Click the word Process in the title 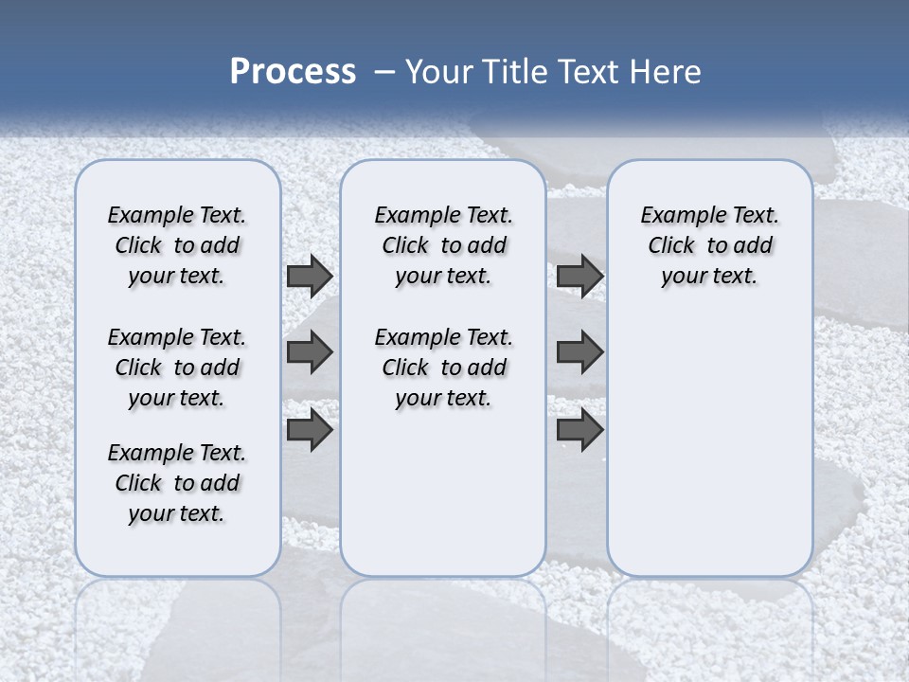tap(293, 71)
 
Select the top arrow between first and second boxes tap(310, 277)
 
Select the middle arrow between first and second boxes tap(310, 352)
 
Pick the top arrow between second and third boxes tap(579, 277)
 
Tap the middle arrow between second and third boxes tap(579, 352)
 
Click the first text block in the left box tap(177, 245)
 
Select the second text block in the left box tap(177, 368)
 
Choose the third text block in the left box tap(177, 483)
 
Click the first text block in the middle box tap(443, 245)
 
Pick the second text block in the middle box tap(443, 368)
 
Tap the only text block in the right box tap(709, 245)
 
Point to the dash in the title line tap(384, 72)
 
